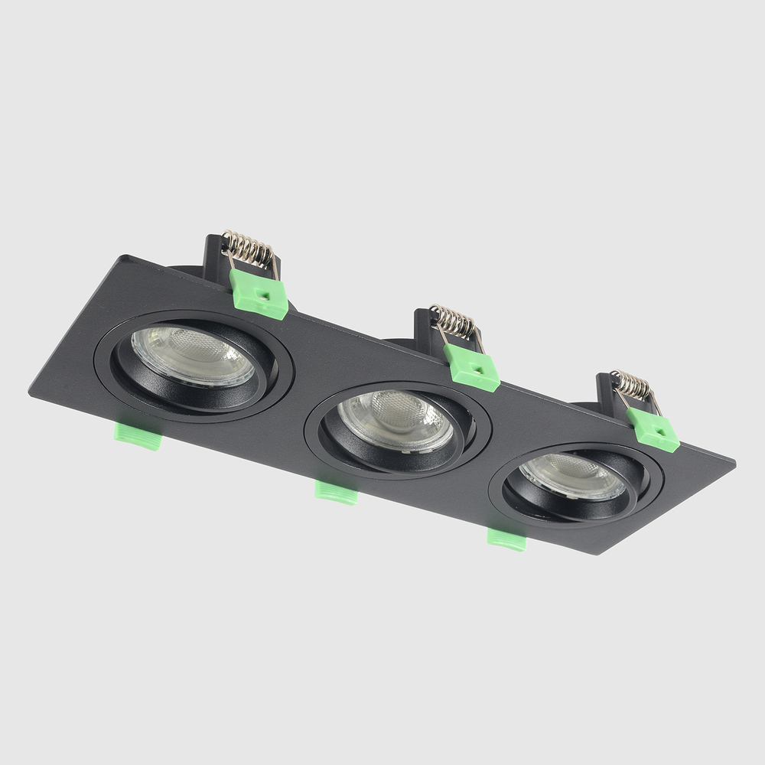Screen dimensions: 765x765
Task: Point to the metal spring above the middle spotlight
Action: click(x=454, y=322)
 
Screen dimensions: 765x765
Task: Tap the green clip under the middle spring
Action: click(x=471, y=367)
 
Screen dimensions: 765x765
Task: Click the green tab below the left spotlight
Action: click(x=138, y=434)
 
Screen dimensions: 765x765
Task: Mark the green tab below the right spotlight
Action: click(x=507, y=539)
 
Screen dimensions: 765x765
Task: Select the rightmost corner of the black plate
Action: click(x=734, y=462)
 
